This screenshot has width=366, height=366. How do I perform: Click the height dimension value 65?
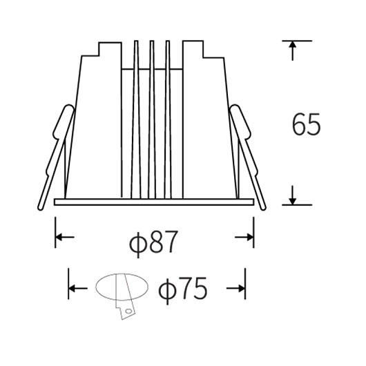(307, 124)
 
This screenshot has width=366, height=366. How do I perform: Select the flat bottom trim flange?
(154, 202)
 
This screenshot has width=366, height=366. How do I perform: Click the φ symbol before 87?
(137, 243)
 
